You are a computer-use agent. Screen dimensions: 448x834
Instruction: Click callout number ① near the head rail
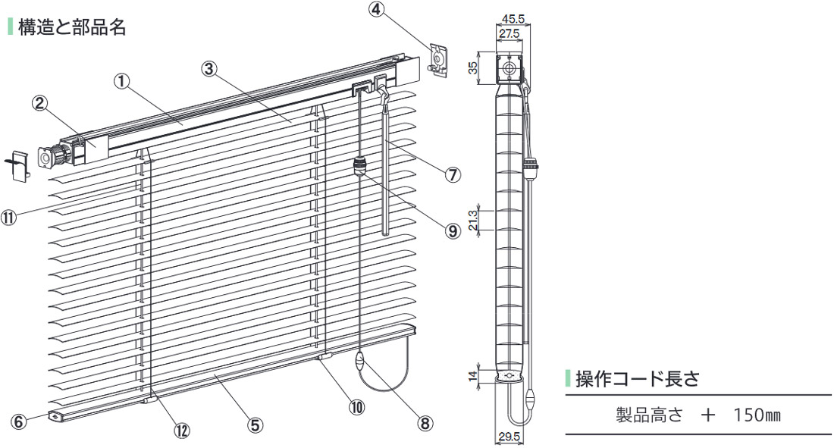pyautogui.click(x=121, y=80)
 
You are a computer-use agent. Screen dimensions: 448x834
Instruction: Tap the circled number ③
pyautogui.click(x=211, y=68)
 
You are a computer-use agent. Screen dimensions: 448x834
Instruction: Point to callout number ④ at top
pyautogui.click(x=378, y=11)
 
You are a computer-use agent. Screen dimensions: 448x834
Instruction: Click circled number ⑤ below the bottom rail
pyautogui.click(x=256, y=425)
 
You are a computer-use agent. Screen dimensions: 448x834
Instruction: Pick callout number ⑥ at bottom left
pyautogui.click(x=18, y=418)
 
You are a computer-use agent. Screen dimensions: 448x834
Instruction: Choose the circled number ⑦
pyautogui.click(x=453, y=174)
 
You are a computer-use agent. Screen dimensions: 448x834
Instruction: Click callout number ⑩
pyautogui.click(x=356, y=406)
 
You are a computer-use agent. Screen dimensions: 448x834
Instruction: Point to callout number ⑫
pyautogui.click(x=181, y=430)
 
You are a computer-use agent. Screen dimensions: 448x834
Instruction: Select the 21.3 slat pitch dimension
pyautogui.click(x=473, y=219)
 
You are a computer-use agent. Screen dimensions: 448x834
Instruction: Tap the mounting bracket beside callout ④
pyautogui.click(x=437, y=59)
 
